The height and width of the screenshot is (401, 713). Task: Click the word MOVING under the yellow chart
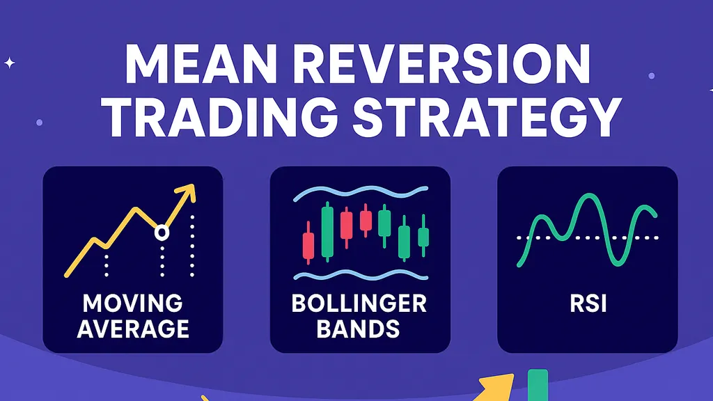[x=132, y=304]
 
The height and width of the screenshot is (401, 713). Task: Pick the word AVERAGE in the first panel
[x=132, y=328]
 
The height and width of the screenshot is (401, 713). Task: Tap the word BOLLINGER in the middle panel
[x=360, y=304]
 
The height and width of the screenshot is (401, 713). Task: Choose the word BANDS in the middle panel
[x=360, y=328]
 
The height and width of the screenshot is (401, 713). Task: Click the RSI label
[x=587, y=304]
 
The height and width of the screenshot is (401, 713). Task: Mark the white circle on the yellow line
[x=162, y=233]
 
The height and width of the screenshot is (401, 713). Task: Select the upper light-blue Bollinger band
[x=360, y=193]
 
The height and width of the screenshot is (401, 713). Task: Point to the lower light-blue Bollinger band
[x=360, y=276]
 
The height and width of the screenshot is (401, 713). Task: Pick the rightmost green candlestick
[x=422, y=237]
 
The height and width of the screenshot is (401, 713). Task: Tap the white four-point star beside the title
[x=10, y=63]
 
